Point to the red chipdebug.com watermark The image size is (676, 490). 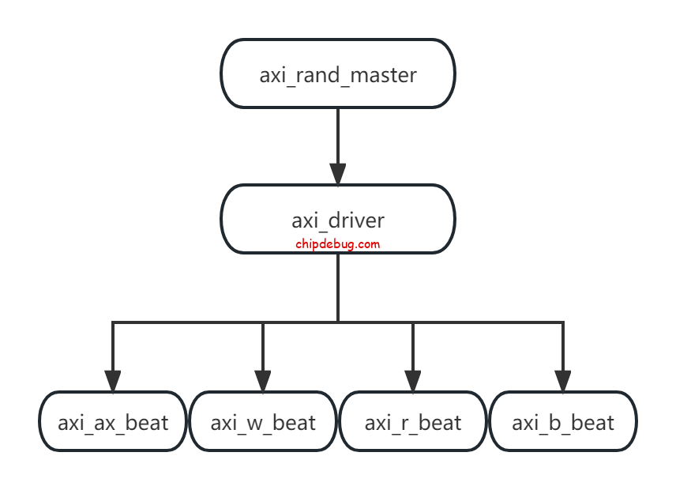tap(338, 243)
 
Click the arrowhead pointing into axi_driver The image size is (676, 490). tap(338, 175)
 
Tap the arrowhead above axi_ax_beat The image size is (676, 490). tap(113, 381)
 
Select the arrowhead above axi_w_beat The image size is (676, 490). tap(263, 381)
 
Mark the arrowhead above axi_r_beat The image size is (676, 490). tap(413, 381)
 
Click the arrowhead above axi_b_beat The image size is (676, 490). tap(563, 381)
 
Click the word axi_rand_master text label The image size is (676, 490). tap(338, 76)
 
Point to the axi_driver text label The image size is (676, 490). tap(338, 220)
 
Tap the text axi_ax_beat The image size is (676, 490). tap(113, 423)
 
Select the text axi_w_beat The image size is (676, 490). tap(263, 423)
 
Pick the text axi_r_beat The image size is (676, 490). tap(413, 423)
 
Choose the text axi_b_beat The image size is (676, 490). tap(563, 423)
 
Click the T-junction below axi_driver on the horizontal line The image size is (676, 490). tap(338, 322)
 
